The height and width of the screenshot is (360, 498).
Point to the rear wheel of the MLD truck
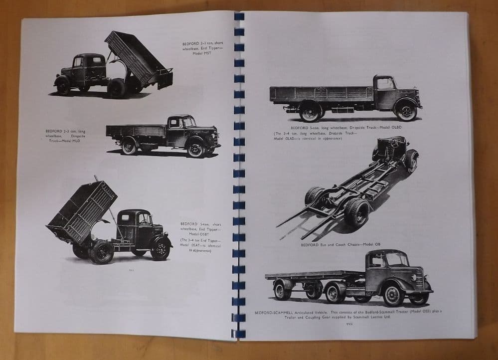[129, 146]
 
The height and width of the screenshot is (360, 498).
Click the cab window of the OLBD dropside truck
[385, 84]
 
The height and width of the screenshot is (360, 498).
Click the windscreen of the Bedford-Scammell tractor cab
[396, 260]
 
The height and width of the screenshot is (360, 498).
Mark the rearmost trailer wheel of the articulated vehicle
[283, 291]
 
